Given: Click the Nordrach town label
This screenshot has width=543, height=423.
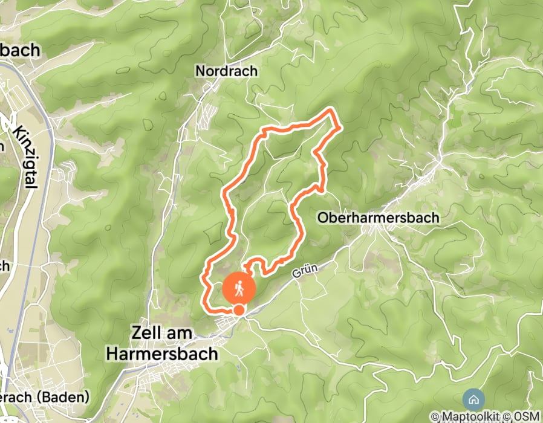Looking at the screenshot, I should point(226,71).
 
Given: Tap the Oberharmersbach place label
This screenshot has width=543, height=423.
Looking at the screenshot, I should point(378,218).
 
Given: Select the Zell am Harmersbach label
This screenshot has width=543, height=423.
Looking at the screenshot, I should point(161,343).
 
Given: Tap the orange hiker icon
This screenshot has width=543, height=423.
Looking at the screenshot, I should point(238,289).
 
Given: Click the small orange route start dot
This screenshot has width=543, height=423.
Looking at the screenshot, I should point(239,310).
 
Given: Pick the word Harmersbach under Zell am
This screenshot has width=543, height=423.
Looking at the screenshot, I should point(161,354).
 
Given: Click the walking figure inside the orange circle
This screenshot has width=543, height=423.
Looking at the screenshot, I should point(238,289).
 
